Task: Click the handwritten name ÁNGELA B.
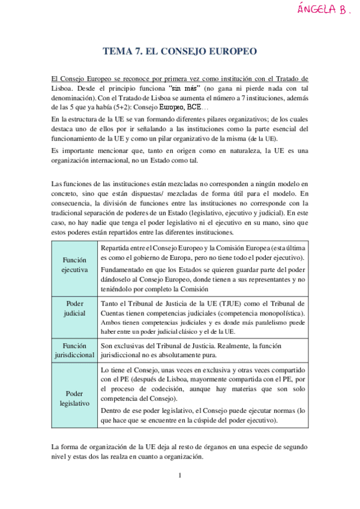point(324,10)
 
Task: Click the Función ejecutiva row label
point(74,265)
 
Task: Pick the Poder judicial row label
point(74,308)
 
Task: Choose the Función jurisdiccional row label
point(74,351)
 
